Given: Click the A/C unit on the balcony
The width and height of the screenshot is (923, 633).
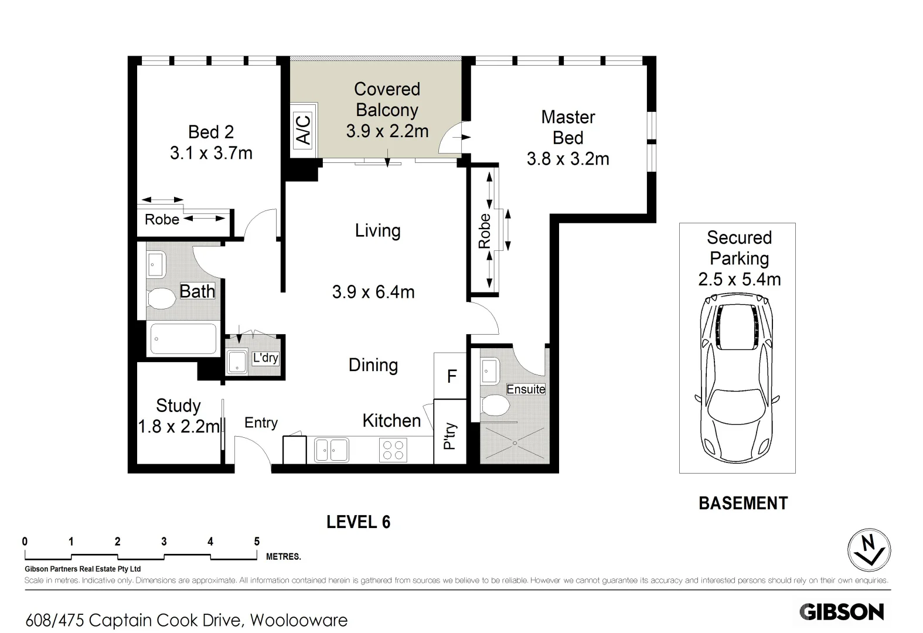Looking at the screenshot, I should coord(304,130).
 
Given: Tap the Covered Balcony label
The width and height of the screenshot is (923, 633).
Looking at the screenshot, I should coord(387,100).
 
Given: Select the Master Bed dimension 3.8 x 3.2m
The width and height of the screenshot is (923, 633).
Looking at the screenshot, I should coord(567,159).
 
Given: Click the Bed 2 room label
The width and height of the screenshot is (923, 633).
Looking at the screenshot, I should coord(210,132).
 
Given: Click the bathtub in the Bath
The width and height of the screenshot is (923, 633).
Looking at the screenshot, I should coord(183,339).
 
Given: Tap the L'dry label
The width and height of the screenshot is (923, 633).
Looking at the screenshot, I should coord(265,358).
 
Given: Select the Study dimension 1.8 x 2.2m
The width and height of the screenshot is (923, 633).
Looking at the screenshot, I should coord(179,426).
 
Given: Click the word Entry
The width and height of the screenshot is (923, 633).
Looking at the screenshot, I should coord(261,423).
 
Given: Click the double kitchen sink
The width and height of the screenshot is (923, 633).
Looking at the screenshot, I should coord(331,450).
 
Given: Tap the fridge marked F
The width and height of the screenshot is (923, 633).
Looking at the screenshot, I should coord(451,376).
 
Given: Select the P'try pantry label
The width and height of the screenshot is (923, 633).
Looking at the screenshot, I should coord(450,435).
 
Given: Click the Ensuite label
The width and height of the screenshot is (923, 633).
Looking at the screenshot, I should coord(526,389).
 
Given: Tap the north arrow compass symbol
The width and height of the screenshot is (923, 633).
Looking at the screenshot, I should coord(869,550).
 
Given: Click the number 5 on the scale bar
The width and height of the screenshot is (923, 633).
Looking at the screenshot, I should coord(257,542).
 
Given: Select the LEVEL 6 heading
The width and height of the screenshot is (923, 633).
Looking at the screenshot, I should coord(358,522).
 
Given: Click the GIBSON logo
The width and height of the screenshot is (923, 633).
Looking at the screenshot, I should coord(842,611).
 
